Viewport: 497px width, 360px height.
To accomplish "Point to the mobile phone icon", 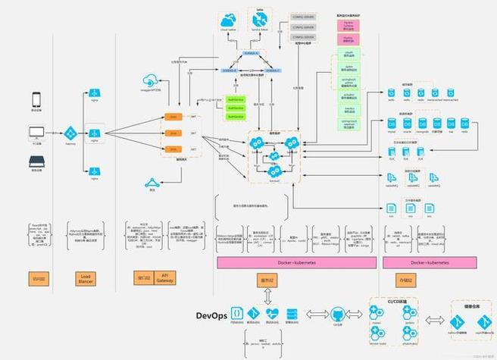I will (x=36, y=99).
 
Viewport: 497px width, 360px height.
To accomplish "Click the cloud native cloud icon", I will (x=229, y=20).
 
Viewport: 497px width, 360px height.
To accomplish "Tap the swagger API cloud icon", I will (x=148, y=81).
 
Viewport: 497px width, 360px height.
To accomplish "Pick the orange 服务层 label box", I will (x=267, y=279).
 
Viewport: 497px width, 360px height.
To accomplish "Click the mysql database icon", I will (x=391, y=124).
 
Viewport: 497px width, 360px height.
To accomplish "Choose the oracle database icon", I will (x=407, y=124).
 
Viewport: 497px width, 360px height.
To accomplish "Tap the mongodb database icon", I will (x=422, y=124).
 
